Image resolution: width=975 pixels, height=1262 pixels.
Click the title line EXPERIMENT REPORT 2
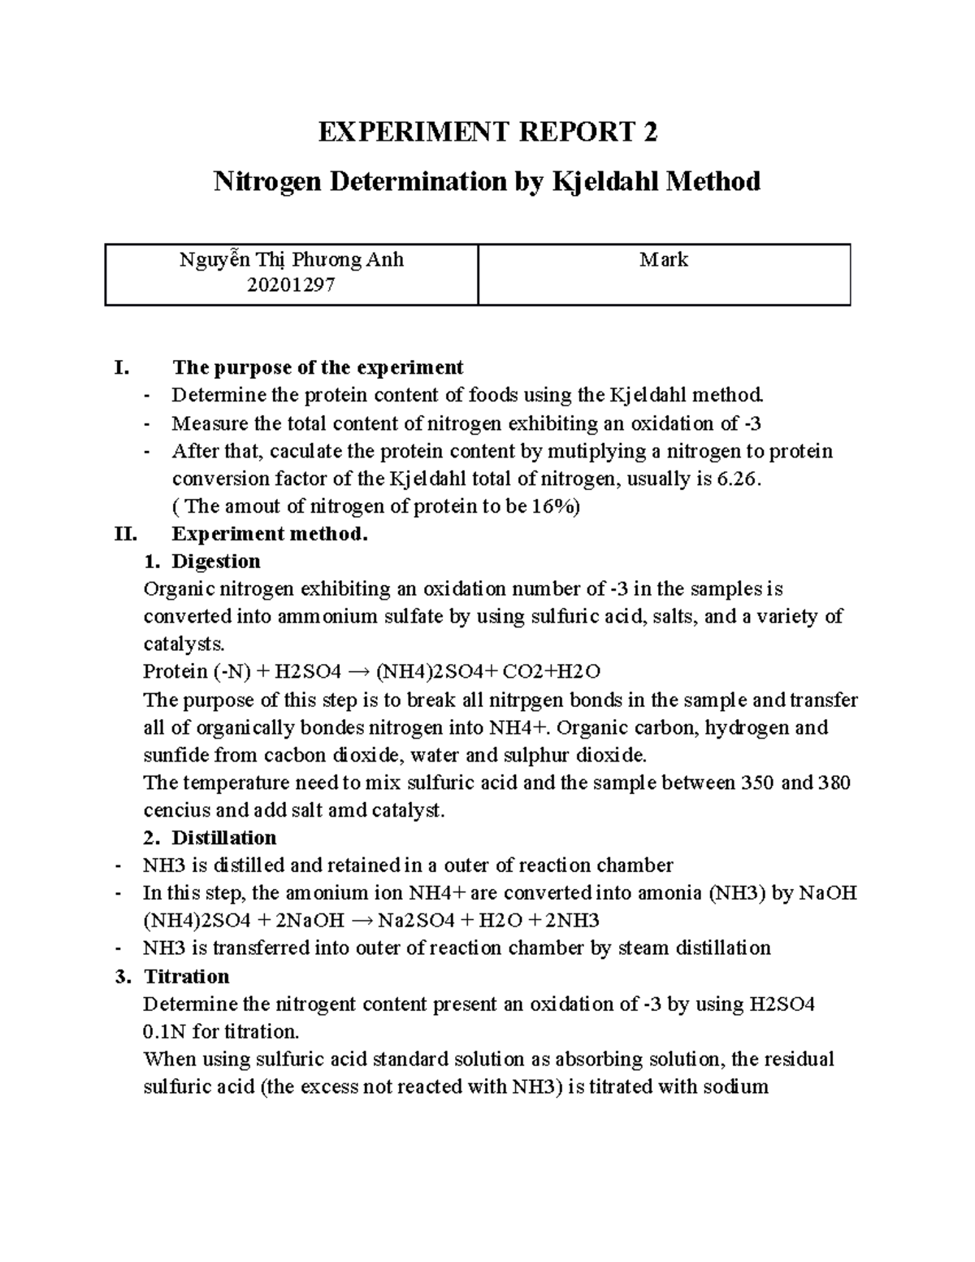click(487, 132)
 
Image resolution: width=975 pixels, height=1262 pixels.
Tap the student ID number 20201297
click(291, 285)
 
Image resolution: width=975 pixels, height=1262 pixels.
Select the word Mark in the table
click(664, 260)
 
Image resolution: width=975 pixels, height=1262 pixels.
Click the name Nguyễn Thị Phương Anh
click(291, 260)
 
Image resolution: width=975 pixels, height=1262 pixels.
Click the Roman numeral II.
click(127, 534)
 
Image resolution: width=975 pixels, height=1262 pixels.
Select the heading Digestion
click(215, 562)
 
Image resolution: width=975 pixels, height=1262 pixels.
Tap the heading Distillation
click(223, 838)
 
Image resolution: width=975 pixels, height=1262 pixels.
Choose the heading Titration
click(186, 976)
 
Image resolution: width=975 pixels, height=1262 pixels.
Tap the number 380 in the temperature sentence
click(834, 783)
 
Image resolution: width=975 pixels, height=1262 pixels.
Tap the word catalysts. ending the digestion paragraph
click(182, 644)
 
